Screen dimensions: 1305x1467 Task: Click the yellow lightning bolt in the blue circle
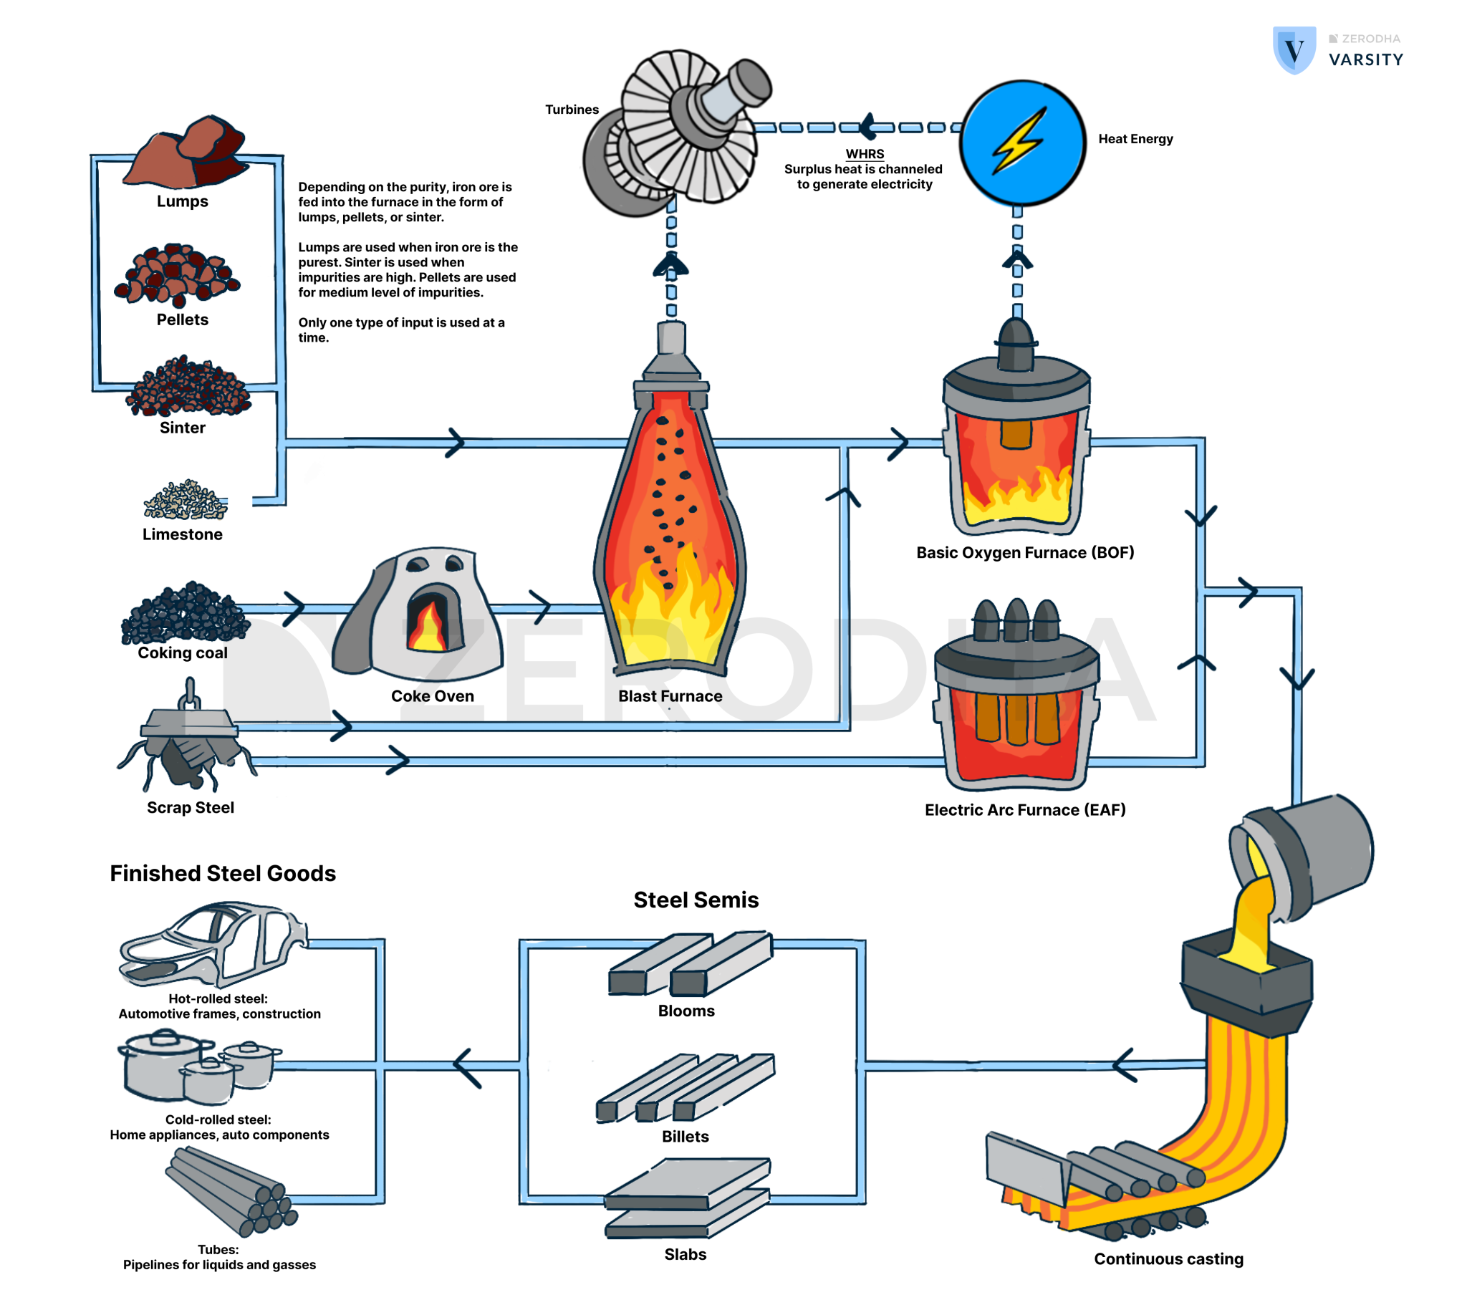1019,140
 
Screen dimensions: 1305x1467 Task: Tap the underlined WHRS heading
865,153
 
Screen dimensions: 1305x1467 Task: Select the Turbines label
572,110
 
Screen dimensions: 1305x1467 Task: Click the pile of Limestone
186,501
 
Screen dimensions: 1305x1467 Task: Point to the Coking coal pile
185,613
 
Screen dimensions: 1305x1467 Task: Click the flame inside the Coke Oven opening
428,627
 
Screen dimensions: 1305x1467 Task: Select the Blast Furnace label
670,696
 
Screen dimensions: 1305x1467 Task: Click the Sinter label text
182,428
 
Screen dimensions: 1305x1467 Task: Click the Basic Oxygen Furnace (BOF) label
1025,553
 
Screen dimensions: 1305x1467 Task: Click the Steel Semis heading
696,900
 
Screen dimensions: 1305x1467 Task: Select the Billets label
685,1136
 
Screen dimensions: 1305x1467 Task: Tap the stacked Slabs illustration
687,1198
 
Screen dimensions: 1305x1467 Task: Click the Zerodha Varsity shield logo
1294,50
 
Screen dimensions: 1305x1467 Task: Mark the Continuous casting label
1168,1259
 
